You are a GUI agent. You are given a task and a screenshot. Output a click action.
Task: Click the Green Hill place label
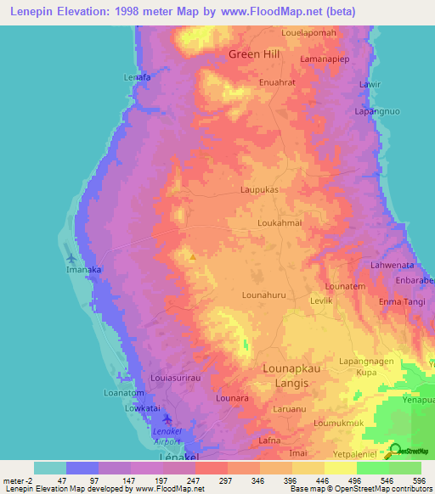point(254,54)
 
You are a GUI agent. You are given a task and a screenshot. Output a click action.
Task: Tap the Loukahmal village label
point(280,223)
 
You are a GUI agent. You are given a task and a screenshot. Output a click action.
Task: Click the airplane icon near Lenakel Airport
point(167,419)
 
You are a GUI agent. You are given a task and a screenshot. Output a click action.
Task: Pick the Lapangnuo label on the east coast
point(376,111)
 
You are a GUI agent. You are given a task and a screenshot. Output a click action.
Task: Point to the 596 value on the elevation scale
point(416,480)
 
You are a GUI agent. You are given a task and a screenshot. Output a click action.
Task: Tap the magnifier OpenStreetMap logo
point(395,451)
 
